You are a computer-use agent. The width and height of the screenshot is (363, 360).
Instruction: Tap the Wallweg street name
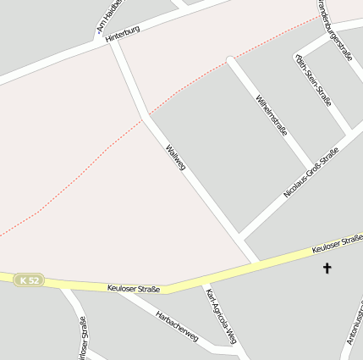(175, 158)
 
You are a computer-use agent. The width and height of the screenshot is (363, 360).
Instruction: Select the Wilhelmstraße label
(272, 117)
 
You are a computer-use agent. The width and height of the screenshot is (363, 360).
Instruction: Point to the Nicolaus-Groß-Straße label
(311, 173)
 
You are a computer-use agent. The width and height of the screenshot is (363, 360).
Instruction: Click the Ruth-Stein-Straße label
(312, 80)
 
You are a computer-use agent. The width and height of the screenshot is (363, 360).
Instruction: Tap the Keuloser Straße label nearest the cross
(337, 245)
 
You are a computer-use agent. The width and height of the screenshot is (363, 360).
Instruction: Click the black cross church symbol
(327, 269)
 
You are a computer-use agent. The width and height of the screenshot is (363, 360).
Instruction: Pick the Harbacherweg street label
(176, 325)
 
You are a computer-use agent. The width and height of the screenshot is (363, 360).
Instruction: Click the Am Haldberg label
(110, 17)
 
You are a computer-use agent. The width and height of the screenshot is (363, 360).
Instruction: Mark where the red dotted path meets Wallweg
(150, 115)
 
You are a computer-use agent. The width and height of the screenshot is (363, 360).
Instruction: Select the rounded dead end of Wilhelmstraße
(230, 60)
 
